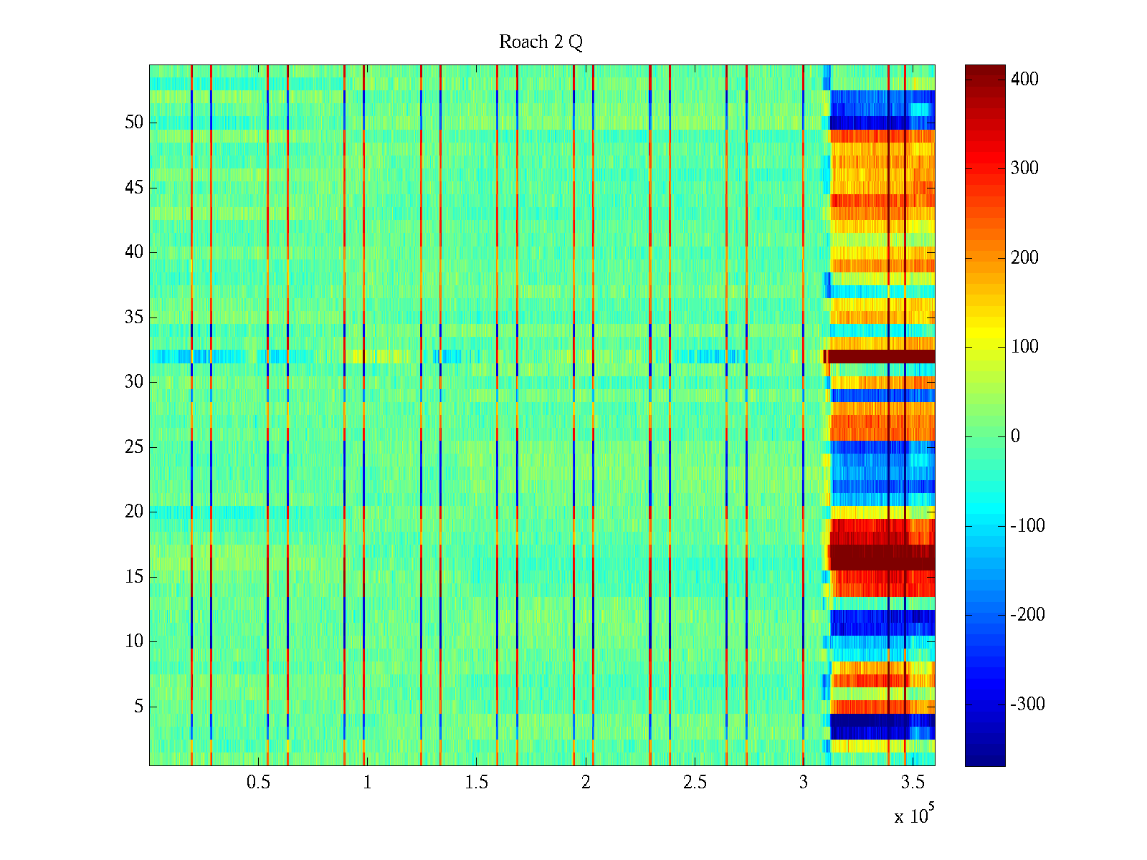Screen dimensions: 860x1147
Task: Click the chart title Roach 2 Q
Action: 541,42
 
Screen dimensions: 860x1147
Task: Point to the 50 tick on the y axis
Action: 134,123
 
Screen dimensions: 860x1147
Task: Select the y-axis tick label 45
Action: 134,188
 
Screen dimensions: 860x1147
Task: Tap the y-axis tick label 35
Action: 134,317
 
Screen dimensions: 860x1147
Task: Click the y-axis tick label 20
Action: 134,512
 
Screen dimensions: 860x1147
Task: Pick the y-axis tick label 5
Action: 138,707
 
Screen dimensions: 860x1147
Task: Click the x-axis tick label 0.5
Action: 258,783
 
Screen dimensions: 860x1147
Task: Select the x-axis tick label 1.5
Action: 476,783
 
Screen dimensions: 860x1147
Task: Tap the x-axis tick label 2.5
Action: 694,783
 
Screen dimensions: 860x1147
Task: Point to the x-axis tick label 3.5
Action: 912,783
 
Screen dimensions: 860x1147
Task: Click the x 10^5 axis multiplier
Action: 914,816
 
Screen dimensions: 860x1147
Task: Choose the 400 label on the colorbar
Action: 1024,80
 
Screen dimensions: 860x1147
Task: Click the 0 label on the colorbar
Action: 1015,436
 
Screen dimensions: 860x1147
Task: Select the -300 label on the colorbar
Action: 1027,704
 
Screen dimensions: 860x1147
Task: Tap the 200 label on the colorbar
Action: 1024,258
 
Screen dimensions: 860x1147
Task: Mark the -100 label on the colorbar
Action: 1027,526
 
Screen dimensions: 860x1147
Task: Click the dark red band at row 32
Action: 882,356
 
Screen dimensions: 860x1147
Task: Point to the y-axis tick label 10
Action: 134,641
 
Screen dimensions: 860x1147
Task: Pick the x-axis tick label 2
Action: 586,783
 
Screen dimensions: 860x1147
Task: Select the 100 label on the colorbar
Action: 1024,347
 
